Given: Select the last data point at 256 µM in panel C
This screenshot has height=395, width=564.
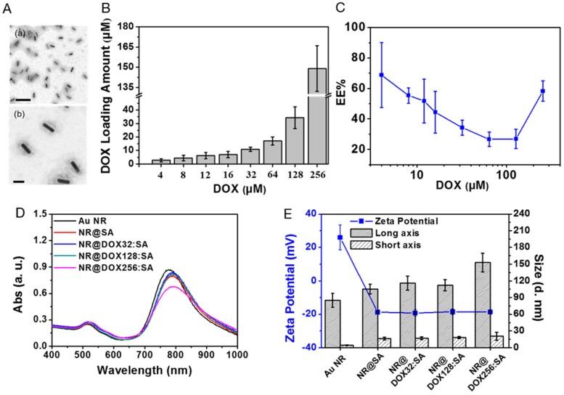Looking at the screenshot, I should [541, 91].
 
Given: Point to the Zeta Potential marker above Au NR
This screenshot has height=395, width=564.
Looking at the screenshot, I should [340, 237].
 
